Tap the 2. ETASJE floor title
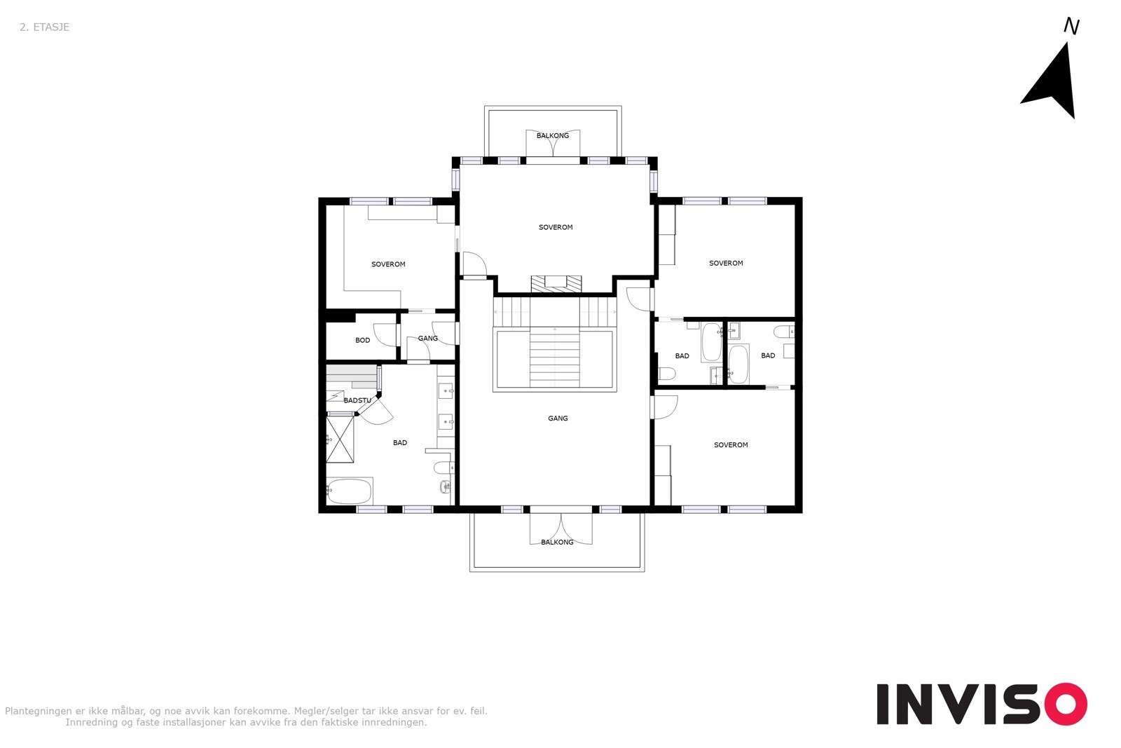tap(44, 27)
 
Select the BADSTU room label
tap(357, 400)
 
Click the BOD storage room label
tap(362, 341)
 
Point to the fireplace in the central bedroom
tap(556, 283)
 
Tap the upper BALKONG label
tap(553, 135)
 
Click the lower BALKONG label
tap(557, 542)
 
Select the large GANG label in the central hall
tap(558, 419)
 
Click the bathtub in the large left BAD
tap(348, 491)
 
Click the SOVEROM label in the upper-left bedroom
tap(388, 264)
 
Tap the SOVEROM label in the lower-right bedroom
tap(731, 445)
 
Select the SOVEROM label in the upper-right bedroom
tap(726, 264)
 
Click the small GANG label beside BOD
tap(427, 339)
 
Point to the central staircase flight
tap(554, 358)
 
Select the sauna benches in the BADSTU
tap(351, 377)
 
